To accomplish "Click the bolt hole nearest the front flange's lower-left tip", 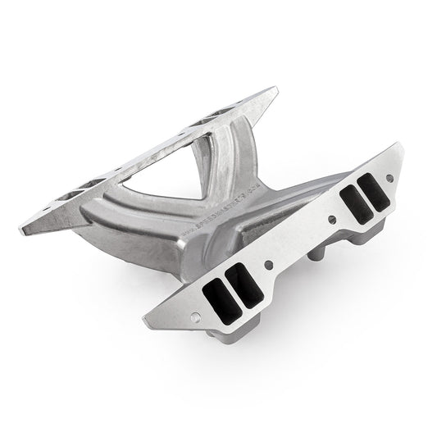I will [195, 316].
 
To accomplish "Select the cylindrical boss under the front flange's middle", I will [316, 257].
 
